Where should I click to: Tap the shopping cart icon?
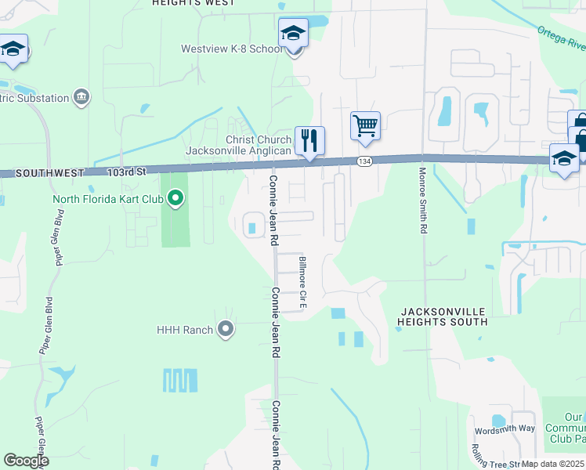click(365, 125)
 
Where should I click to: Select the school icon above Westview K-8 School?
click(293, 33)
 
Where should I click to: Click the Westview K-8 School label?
click(231, 49)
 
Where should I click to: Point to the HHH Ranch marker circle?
click(226, 330)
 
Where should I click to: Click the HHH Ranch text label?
click(184, 330)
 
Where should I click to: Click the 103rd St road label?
click(127, 171)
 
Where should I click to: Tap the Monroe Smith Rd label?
click(424, 201)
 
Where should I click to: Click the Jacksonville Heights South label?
click(442, 316)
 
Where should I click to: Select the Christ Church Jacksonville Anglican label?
click(237, 145)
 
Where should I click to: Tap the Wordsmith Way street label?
click(504, 429)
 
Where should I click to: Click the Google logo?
click(26, 461)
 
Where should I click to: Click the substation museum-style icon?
click(81, 97)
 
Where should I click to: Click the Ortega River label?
click(560, 37)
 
